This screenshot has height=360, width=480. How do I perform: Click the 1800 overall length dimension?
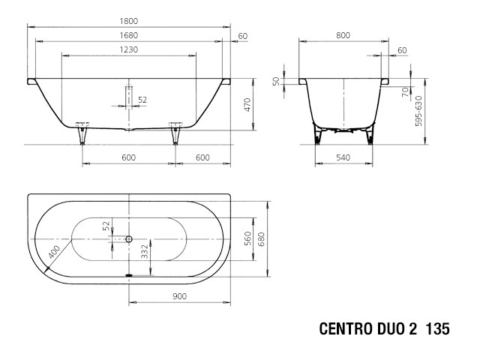click(x=128, y=21)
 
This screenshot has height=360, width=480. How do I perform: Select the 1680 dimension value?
click(x=128, y=35)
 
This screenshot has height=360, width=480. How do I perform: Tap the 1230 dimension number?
click(x=128, y=49)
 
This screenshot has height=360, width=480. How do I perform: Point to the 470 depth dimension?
click(x=247, y=104)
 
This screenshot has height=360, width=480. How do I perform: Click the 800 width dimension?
click(x=343, y=35)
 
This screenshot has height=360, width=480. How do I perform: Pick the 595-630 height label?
click(x=418, y=111)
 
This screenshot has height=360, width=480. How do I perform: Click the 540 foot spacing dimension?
click(x=343, y=157)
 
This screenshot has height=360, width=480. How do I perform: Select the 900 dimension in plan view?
click(x=179, y=296)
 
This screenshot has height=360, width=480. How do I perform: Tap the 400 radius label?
click(x=55, y=252)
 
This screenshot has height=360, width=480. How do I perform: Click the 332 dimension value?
click(x=145, y=252)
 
